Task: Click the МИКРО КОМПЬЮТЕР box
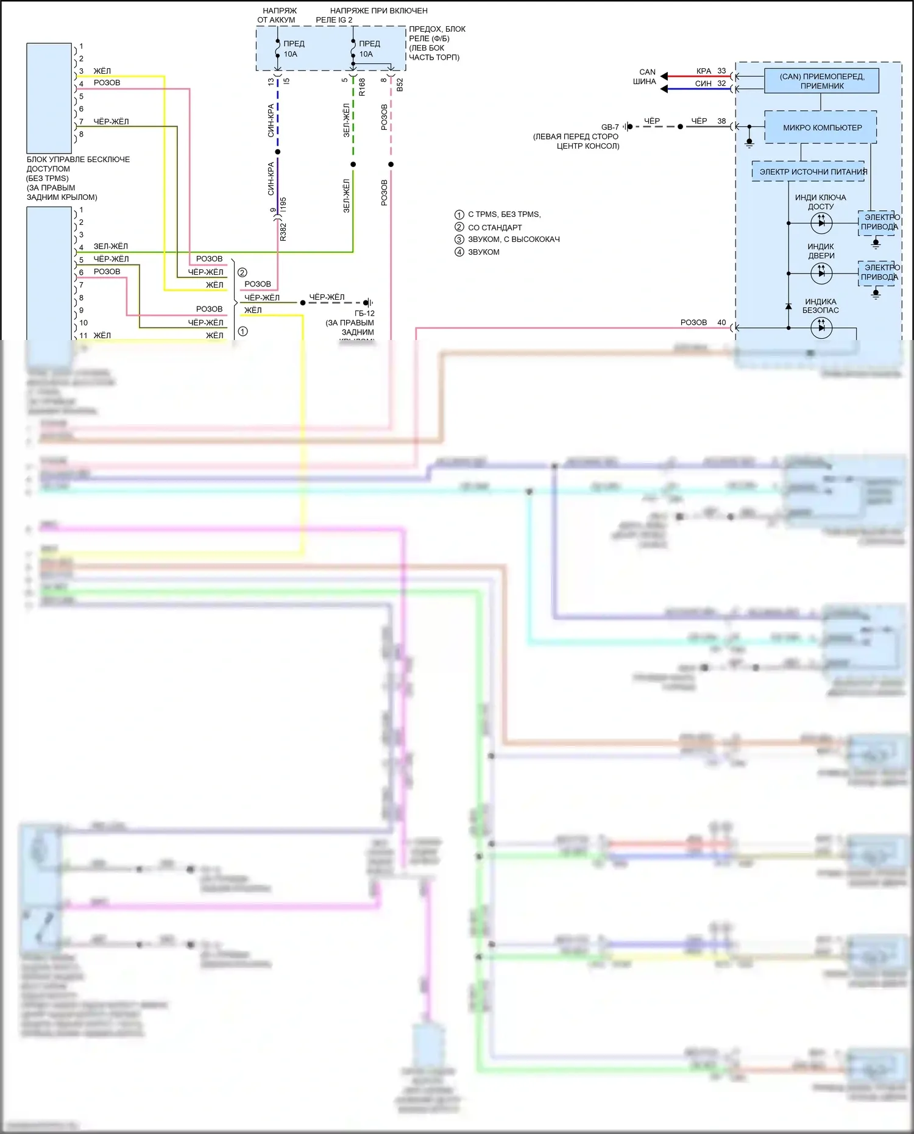[x=821, y=127]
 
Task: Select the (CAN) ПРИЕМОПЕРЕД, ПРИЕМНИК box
[x=821, y=81]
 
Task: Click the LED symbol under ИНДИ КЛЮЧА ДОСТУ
[x=821, y=223]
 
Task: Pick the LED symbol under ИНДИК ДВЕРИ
[x=821, y=273]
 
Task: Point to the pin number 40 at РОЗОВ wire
[x=721, y=322]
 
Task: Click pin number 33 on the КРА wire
[x=721, y=71]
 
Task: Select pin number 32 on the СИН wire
[x=721, y=83]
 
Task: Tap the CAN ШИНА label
[x=645, y=77]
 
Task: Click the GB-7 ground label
[x=609, y=127]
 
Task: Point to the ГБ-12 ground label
[x=364, y=313]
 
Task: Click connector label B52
[x=400, y=85]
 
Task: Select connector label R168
[x=362, y=87]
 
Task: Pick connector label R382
[x=283, y=232]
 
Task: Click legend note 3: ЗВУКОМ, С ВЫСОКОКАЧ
[x=513, y=239]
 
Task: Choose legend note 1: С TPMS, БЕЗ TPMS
[x=504, y=214]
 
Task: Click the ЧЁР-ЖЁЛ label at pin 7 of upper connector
[x=111, y=122]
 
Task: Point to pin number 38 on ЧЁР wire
[x=721, y=121]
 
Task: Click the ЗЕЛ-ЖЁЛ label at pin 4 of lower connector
[x=110, y=247]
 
